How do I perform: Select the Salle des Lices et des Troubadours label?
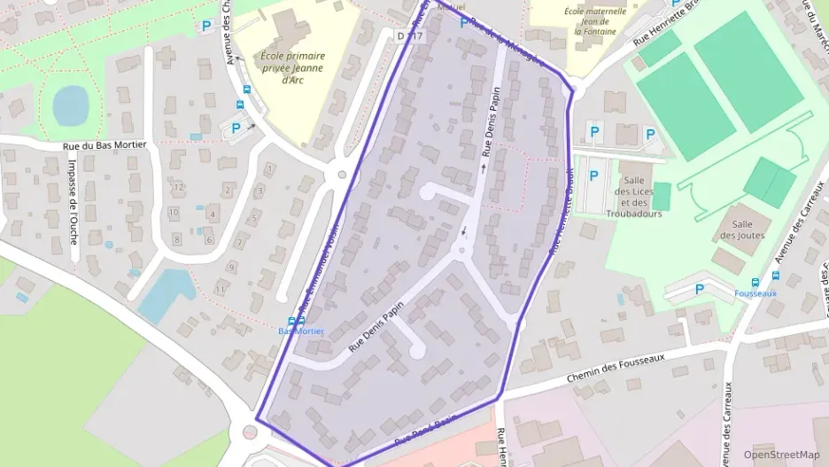pos(633,191)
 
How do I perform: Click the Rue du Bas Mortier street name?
pos(105,145)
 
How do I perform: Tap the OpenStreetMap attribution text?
pos(781,455)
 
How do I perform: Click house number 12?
pos(179,187)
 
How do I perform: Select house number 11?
pos(219,291)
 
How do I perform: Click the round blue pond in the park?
pos(71,105)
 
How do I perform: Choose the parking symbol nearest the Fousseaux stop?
pos(699,288)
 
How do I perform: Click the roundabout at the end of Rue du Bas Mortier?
pos(341,175)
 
